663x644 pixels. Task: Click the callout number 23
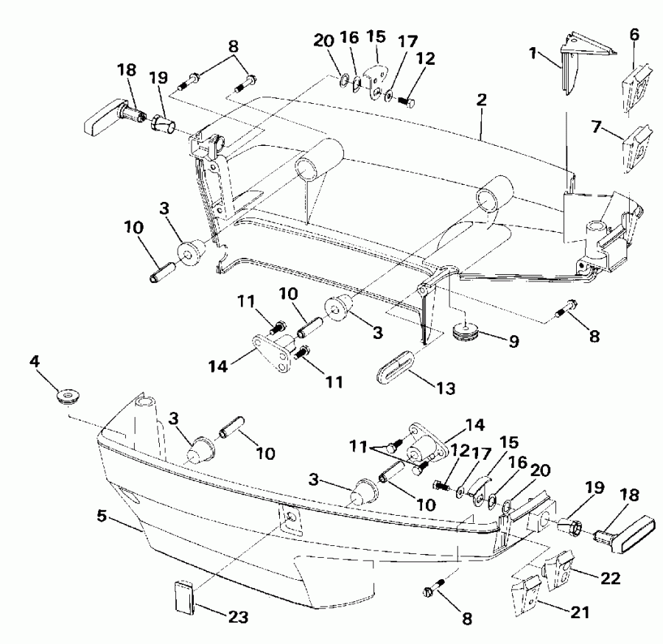coord(238,617)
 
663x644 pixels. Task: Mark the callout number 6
coord(635,34)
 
